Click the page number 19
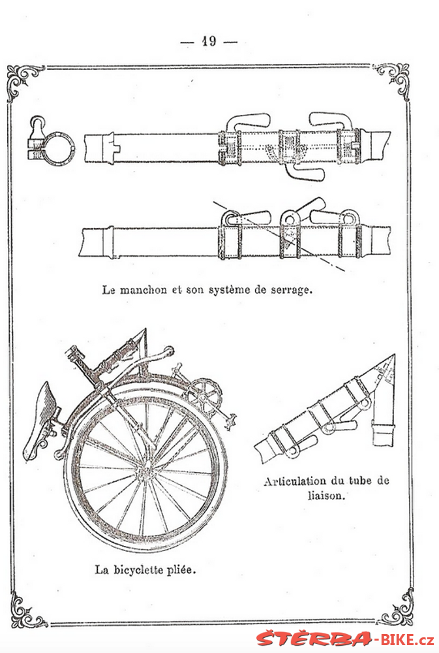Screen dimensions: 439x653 209,41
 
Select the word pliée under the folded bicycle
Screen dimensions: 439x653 181,569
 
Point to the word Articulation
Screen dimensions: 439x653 295,481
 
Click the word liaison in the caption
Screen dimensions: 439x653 327,496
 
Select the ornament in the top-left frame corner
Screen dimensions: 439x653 23,81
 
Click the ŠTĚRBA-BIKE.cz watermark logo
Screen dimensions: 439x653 345,639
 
